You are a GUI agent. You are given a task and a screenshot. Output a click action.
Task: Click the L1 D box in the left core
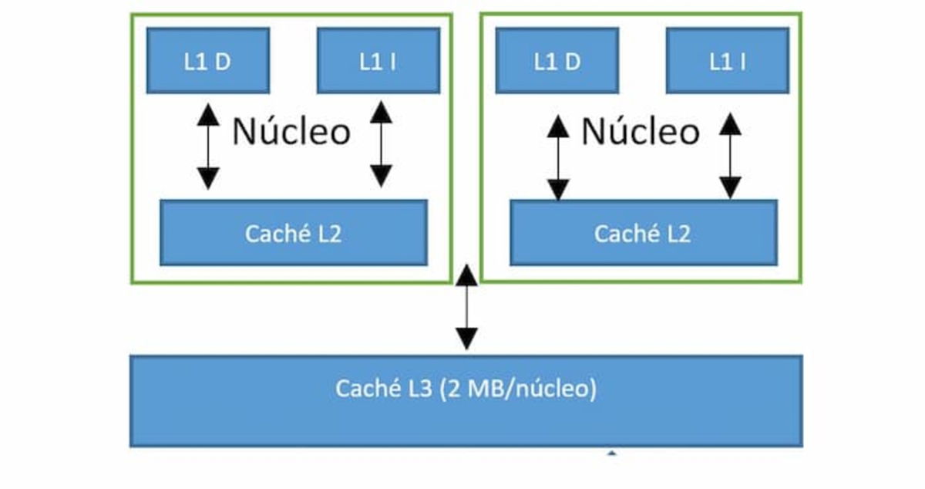point(207,61)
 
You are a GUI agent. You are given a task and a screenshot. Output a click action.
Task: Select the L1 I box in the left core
point(378,61)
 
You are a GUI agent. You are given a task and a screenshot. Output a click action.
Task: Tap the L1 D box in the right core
point(557,61)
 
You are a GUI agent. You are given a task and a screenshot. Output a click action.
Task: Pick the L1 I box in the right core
point(727,61)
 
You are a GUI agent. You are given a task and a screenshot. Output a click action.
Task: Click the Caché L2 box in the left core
point(293,233)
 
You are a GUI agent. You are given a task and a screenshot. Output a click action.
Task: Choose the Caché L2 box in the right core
point(643,233)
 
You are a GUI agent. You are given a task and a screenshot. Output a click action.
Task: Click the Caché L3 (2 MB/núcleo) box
point(466,400)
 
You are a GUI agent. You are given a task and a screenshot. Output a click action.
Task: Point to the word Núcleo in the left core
point(291,132)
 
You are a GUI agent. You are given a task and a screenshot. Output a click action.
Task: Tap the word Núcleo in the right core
point(641,132)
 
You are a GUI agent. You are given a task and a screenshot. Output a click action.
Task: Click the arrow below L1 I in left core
point(381,145)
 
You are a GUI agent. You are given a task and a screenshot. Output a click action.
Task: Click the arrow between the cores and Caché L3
point(466,307)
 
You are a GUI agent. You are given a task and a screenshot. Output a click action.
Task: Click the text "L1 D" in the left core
point(207,62)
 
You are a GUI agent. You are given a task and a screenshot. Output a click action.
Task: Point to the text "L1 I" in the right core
point(727,62)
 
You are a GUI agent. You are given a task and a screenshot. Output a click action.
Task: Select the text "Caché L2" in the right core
point(642,234)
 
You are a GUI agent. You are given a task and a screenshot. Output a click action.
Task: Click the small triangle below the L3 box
point(612,453)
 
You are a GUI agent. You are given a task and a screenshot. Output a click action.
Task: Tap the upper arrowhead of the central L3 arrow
point(466,274)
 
